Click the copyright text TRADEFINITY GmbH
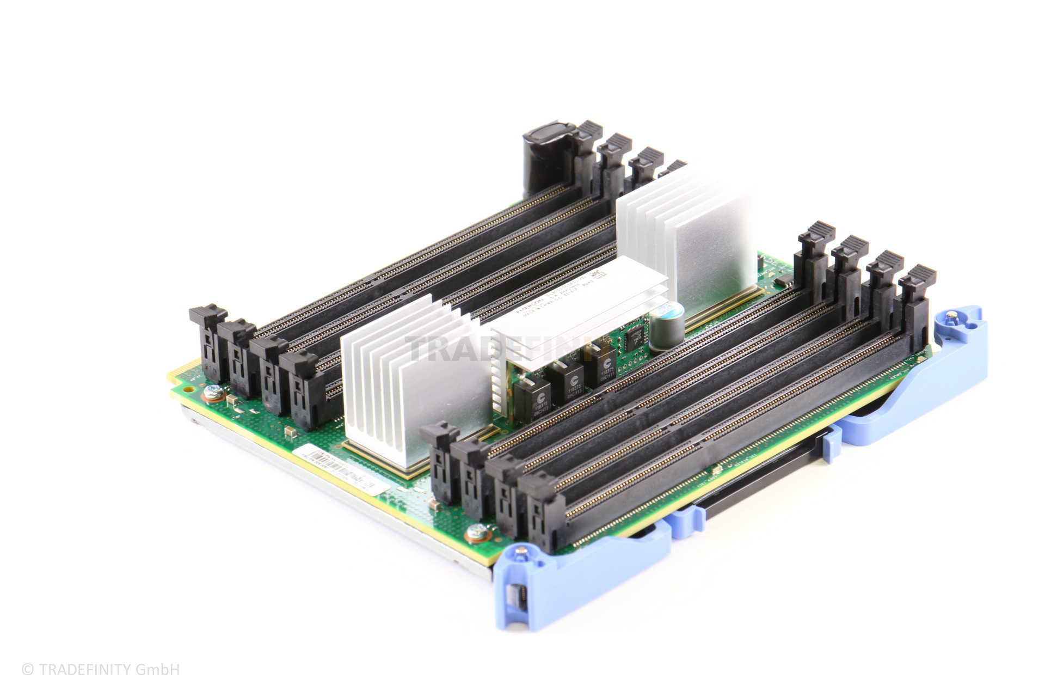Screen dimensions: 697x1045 click(101, 669)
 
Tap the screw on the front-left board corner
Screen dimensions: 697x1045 click(213, 391)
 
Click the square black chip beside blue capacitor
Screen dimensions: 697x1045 click(634, 339)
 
